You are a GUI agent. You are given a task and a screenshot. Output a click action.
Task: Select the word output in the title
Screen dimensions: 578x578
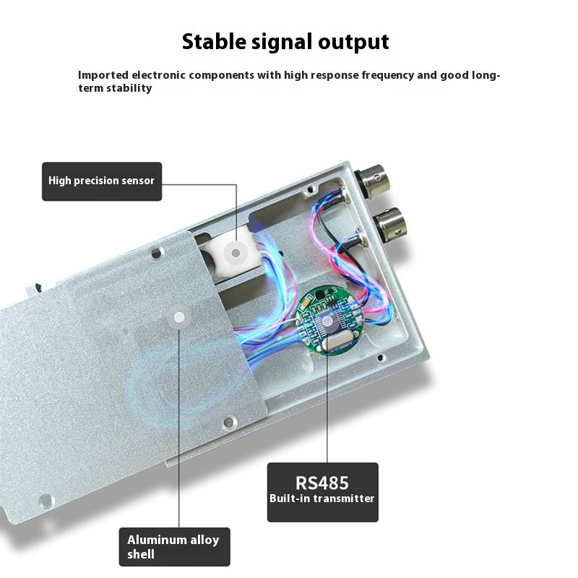click(x=353, y=42)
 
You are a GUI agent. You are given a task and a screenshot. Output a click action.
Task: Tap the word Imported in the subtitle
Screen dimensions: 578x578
click(x=103, y=74)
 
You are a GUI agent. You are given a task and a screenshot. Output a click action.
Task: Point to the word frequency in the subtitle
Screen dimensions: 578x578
click(x=351, y=74)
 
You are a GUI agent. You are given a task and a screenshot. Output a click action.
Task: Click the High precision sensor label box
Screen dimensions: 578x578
click(x=101, y=181)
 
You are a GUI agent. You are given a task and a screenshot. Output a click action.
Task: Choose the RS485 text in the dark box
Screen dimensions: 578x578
click(x=322, y=483)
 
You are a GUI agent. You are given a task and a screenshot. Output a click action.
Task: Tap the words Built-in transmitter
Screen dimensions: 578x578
click(x=322, y=499)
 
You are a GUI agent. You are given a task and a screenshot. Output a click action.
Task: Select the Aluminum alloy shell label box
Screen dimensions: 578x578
click(x=173, y=546)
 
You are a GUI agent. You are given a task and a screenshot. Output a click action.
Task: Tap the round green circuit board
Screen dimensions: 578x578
click(x=328, y=320)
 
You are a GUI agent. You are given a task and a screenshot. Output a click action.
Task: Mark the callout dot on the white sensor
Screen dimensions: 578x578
click(x=235, y=251)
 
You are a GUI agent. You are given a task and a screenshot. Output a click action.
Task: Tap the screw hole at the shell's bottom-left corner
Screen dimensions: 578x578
click(x=46, y=500)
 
